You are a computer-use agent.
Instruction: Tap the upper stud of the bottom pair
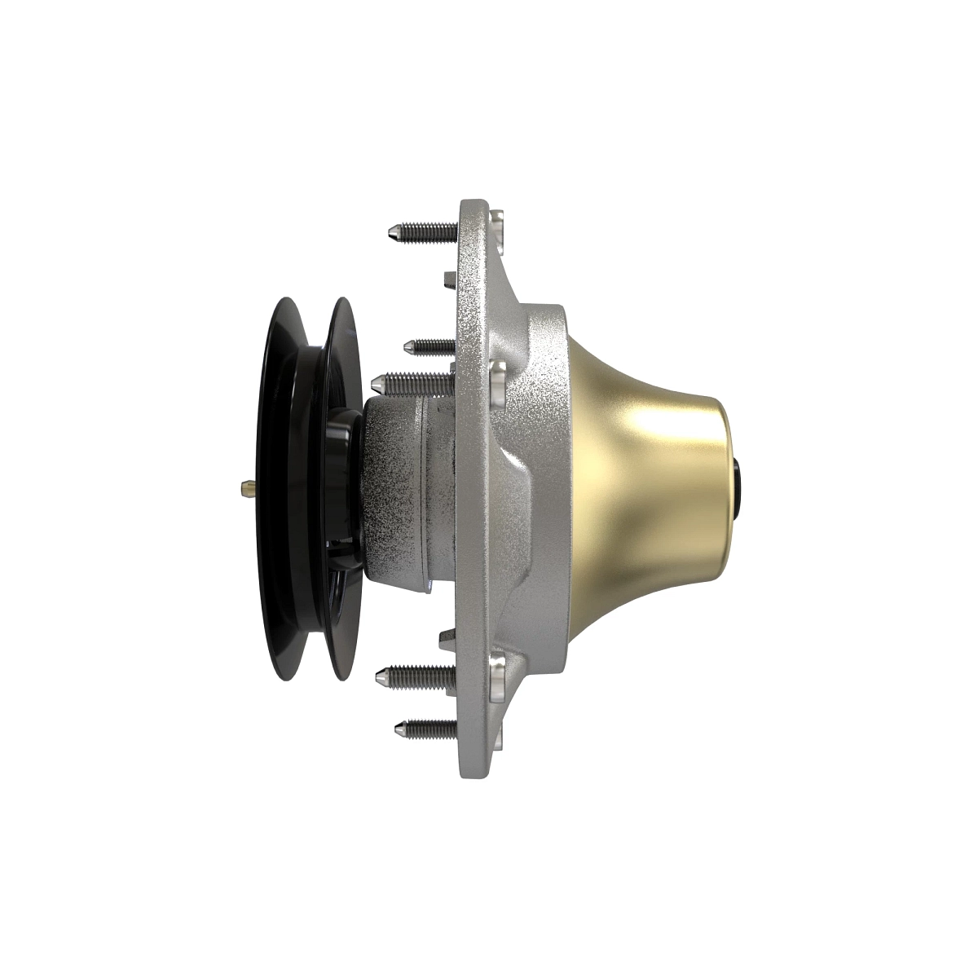click(x=416, y=674)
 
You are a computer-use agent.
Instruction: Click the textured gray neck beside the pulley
click(x=407, y=489)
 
